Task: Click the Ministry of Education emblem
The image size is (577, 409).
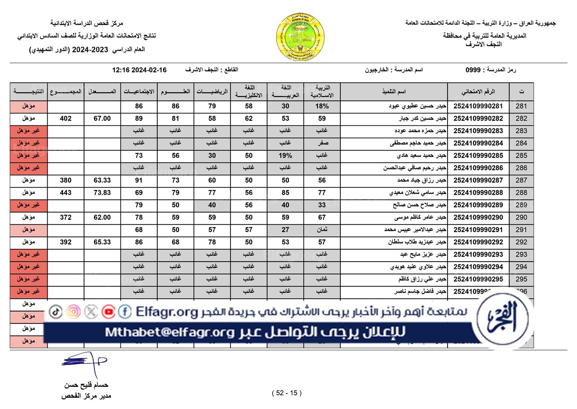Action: tap(300, 37)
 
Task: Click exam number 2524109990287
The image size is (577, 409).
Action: tap(478, 180)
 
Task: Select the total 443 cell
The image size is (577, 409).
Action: tap(66, 193)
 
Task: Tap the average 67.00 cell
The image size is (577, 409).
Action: tap(102, 119)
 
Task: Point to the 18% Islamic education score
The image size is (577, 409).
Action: tap(322, 106)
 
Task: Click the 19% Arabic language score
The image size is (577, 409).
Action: tap(285, 156)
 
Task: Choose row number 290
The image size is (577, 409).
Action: tap(521, 218)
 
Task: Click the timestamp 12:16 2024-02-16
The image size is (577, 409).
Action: tap(139, 70)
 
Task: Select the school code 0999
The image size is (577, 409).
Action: tap(473, 70)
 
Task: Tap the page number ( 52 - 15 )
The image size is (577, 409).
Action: tap(287, 393)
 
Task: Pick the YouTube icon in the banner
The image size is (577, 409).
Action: tap(108, 311)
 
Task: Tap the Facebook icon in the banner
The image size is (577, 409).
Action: tap(125, 311)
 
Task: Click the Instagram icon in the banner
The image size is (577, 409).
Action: tap(74, 311)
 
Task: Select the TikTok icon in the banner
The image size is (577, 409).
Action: tap(56, 311)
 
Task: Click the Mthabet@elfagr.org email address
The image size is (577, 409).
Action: tap(169, 332)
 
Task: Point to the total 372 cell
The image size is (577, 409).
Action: tap(66, 218)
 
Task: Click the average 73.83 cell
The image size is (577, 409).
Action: tap(102, 193)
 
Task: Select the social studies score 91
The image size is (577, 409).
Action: tap(139, 180)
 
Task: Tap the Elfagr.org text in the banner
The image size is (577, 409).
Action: tap(167, 312)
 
